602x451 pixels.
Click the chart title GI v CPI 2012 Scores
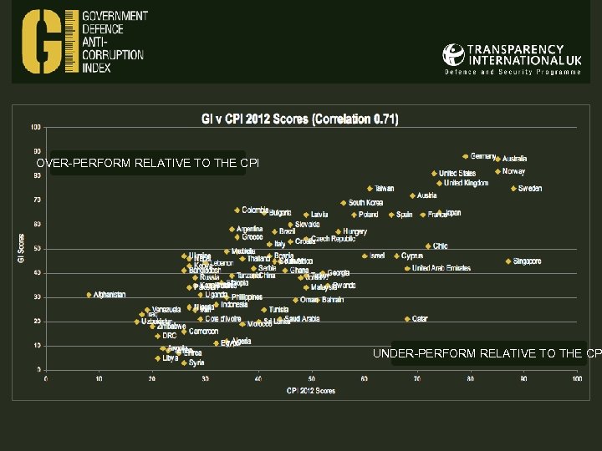(x=299, y=119)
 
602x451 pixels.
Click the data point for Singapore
(x=508, y=261)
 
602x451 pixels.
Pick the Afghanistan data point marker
(x=89, y=294)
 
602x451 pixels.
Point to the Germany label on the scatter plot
(x=483, y=156)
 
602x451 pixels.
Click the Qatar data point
(x=407, y=318)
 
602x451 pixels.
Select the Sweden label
(x=529, y=189)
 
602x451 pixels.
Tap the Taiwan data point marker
(x=370, y=189)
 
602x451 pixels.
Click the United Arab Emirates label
(x=441, y=268)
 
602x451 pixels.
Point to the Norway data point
(x=497, y=171)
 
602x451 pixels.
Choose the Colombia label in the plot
(x=255, y=210)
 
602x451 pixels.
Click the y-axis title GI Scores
(x=20, y=247)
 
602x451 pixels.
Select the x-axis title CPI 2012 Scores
(x=311, y=390)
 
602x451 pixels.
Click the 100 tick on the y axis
(x=36, y=127)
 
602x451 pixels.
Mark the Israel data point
(x=365, y=256)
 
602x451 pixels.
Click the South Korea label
(x=365, y=203)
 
